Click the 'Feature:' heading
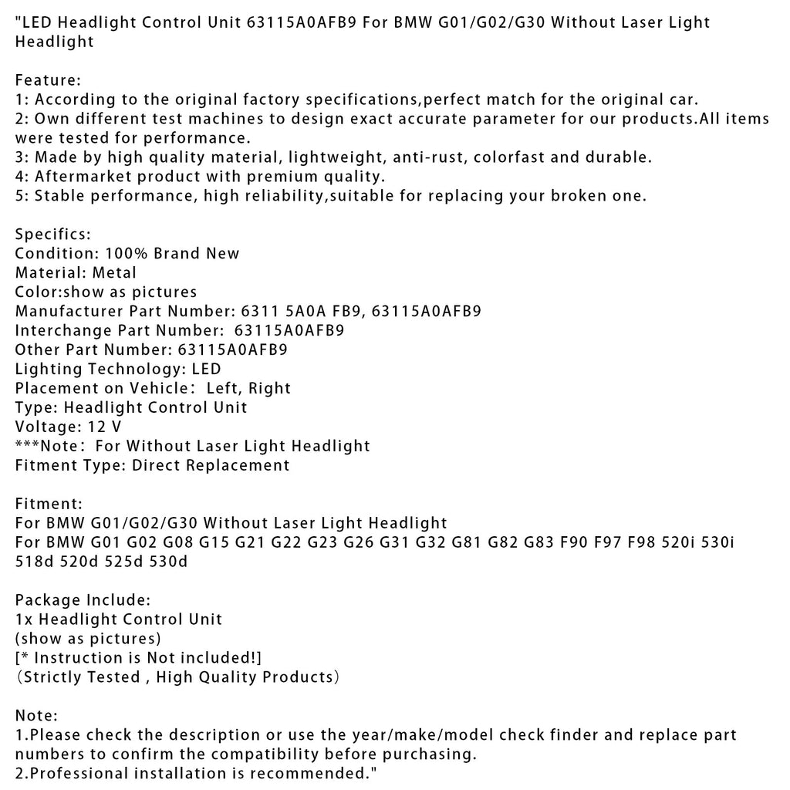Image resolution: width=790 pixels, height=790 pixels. point(48,80)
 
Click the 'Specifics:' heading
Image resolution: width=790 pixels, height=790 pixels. point(52,235)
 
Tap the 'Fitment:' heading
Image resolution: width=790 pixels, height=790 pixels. point(49,505)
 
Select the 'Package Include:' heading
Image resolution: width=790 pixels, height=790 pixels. point(83,600)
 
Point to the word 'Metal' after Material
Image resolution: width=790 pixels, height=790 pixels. point(113,273)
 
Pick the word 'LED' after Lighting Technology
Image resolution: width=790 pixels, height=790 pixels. point(206,370)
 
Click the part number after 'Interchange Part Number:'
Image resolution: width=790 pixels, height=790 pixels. point(289,331)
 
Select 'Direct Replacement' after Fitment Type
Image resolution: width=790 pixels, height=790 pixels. point(211,465)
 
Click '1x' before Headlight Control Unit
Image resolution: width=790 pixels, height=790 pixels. point(25,620)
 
